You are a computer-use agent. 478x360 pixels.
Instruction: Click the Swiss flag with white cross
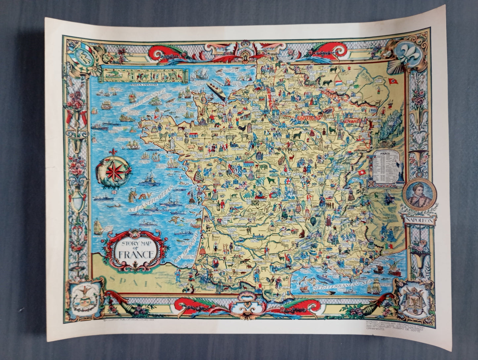(362, 172)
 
